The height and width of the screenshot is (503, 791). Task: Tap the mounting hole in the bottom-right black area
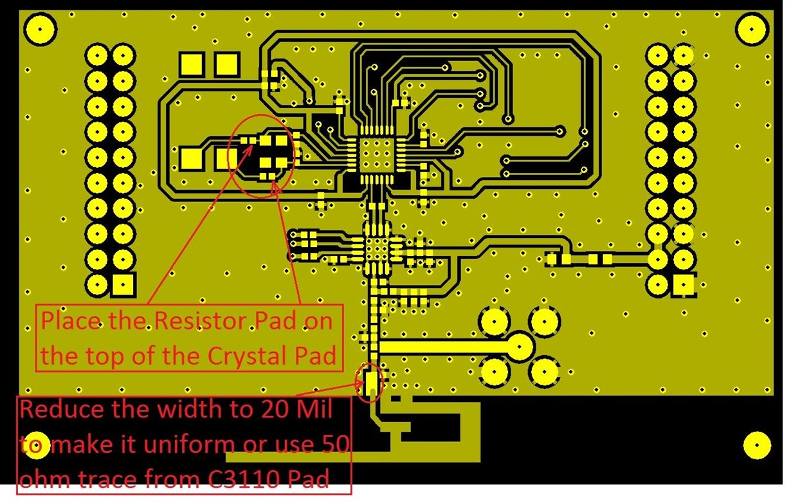pyautogui.click(x=756, y=446)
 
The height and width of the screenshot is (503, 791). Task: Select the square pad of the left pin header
pyautogui.click(x=122, y=284)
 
